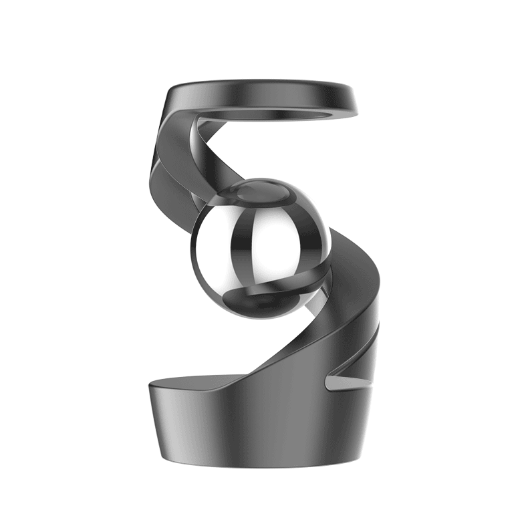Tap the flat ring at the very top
tap(267, 90)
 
